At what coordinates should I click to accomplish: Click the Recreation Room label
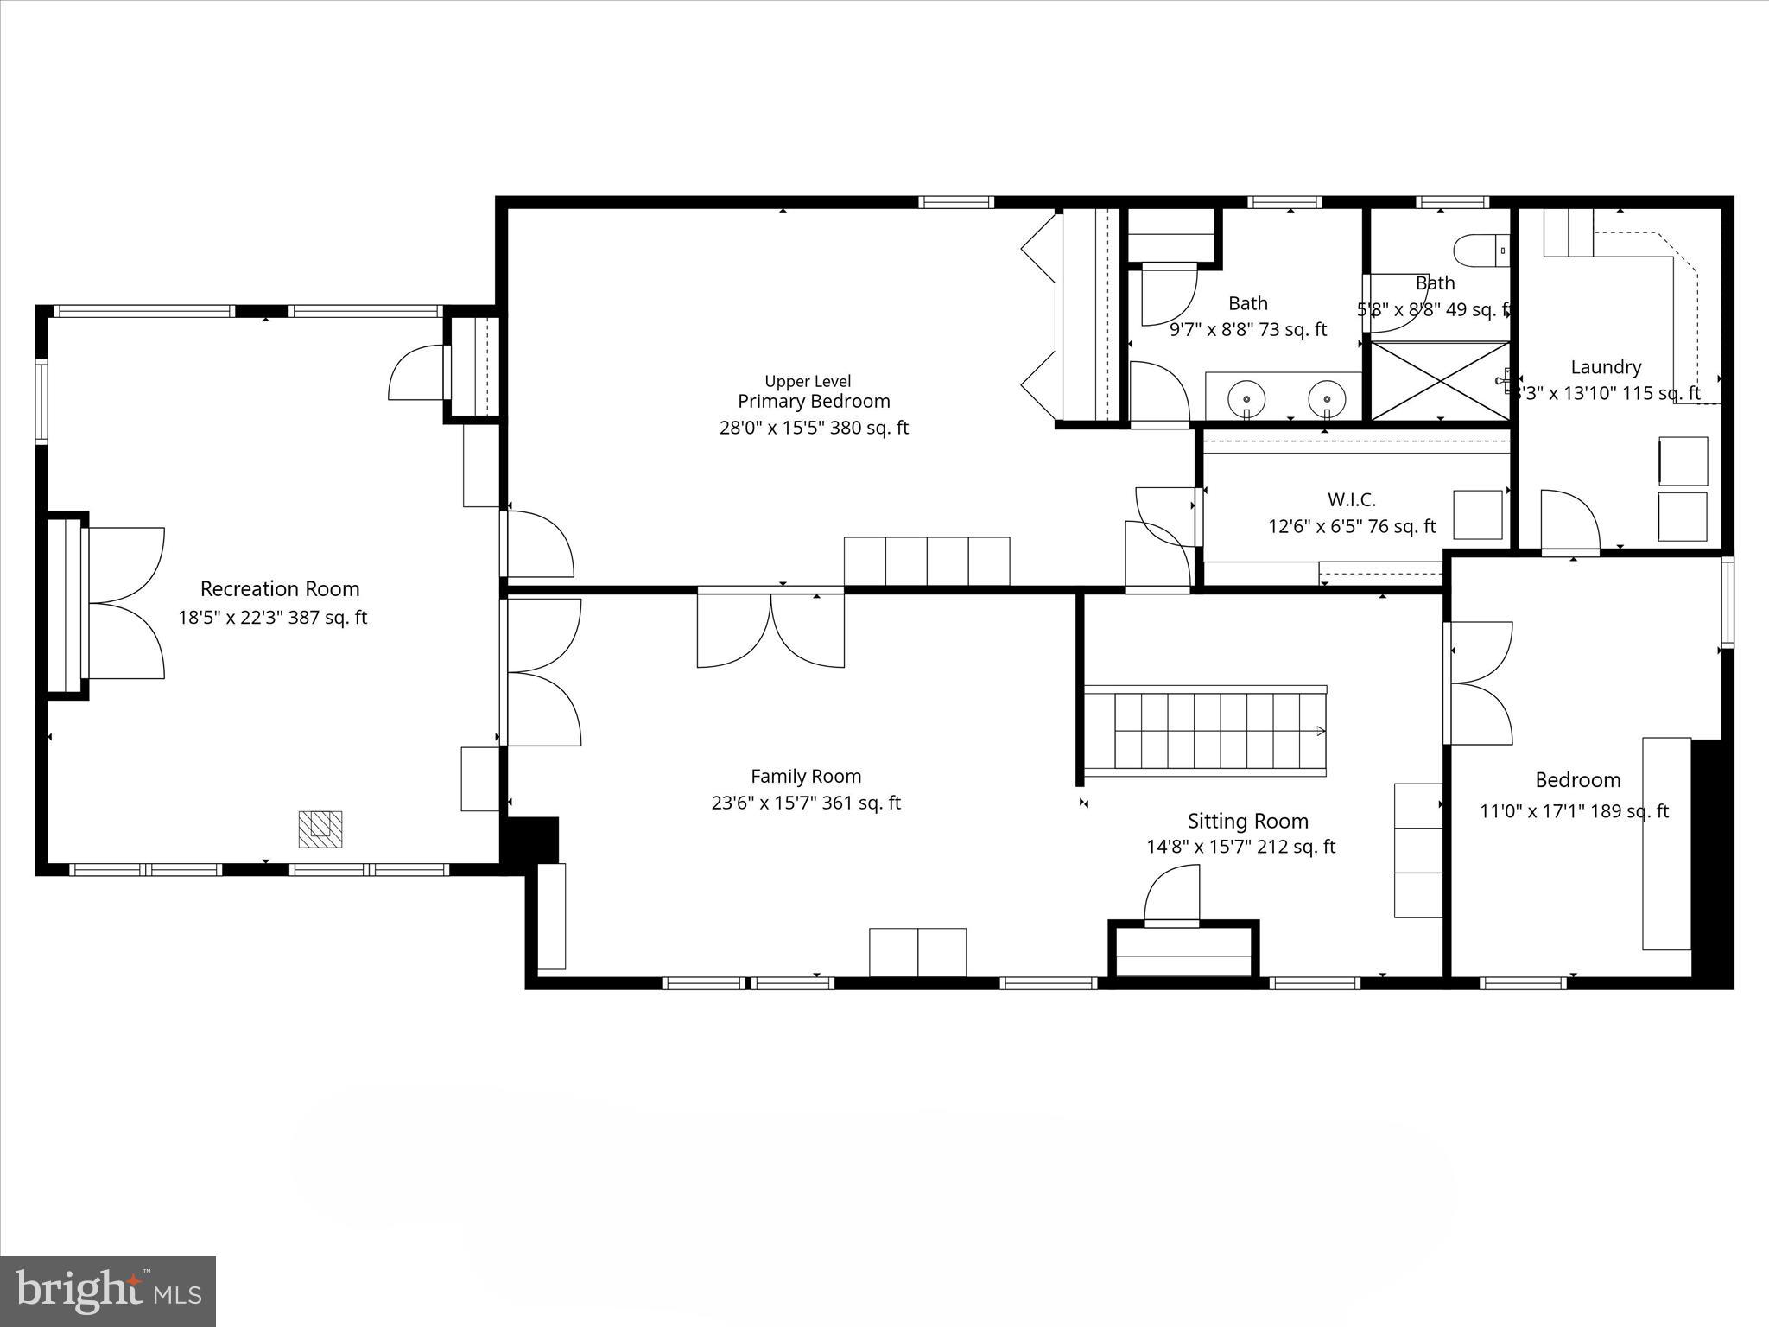pos(280,589)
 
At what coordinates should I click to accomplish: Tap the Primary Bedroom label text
pos(814,401)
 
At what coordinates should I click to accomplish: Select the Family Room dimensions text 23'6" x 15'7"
pos(805,803)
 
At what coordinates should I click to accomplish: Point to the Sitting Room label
pos(1247,821)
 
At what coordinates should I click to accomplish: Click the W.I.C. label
pos(1351,499)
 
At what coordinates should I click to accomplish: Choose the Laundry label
pos(1606,367)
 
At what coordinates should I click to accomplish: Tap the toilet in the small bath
pos(1481,251)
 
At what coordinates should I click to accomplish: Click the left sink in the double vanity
pos(1247,398)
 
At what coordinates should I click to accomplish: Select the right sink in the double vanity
pos(1327,398)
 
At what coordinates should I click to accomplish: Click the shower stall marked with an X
pos(1440,381)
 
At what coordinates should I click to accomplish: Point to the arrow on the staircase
pos(1320,731)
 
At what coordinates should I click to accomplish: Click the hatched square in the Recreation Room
pos(320,829)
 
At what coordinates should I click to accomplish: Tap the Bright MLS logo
pos(108,1291)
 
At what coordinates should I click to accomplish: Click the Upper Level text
pos(808,381)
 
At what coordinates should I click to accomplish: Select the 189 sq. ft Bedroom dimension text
pos(1574,811)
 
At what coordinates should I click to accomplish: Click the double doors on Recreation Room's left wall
pos(125,603)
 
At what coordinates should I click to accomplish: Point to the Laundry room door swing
pos(1570,520)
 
